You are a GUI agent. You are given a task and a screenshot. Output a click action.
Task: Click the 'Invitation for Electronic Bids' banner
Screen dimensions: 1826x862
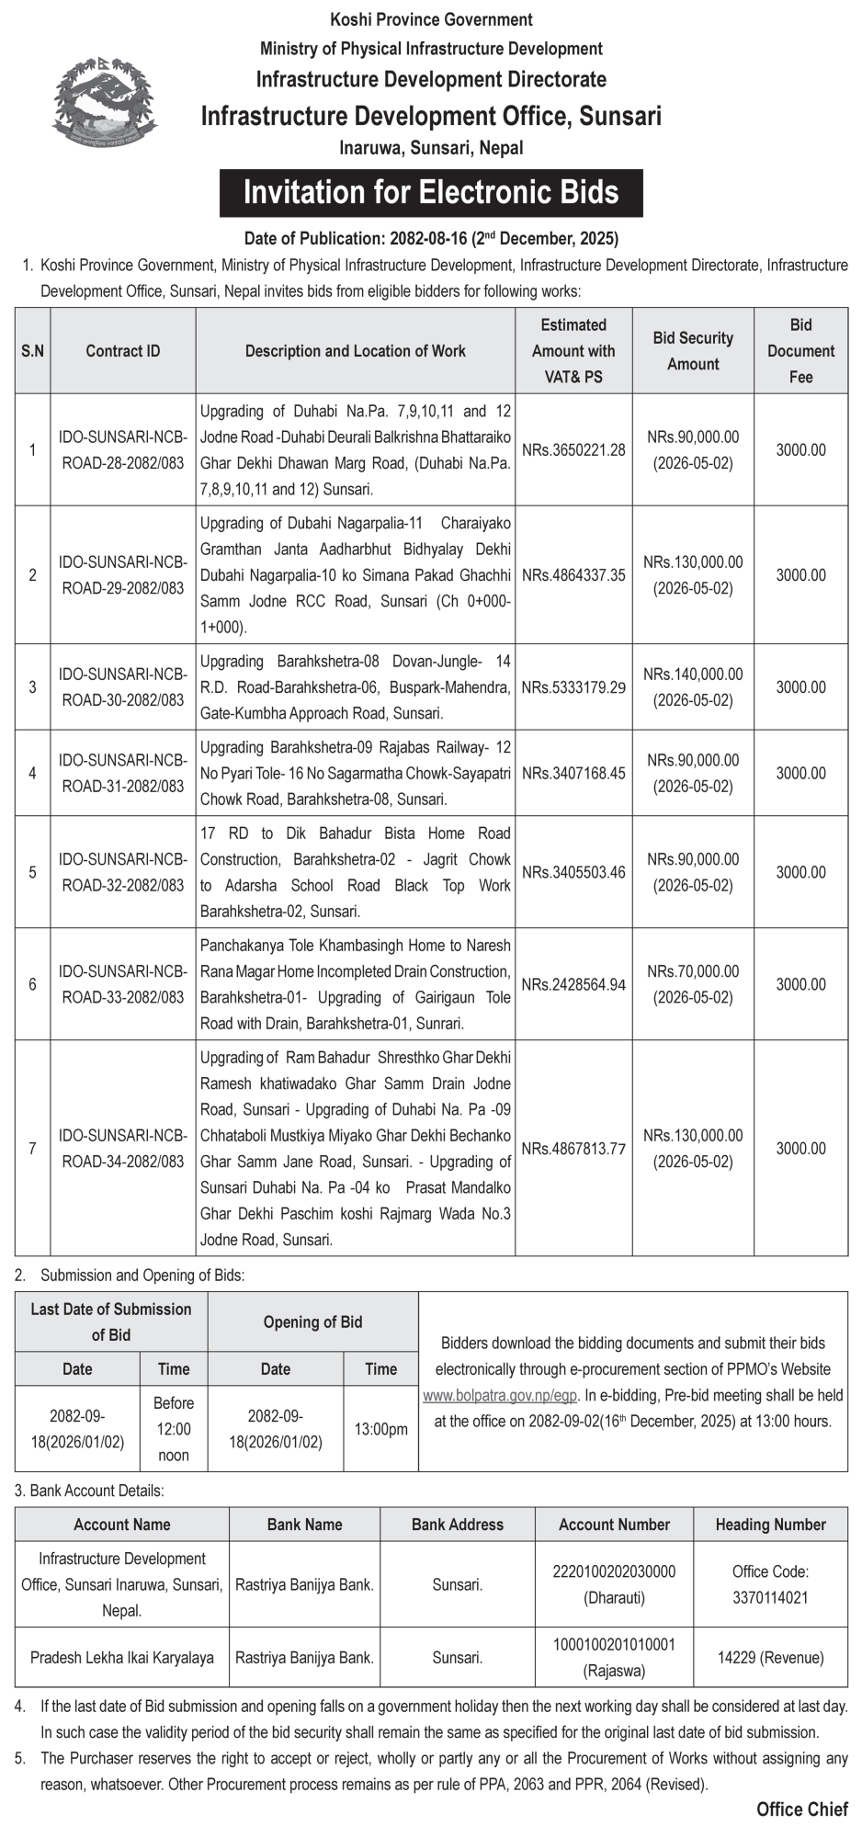(430, 193)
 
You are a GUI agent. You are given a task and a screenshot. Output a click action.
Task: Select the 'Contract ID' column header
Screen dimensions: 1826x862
(123, 351)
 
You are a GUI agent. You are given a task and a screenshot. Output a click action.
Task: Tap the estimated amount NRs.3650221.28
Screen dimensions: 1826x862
(573, 449)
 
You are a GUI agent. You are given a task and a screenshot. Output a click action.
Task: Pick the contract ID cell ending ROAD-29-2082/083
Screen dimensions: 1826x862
(123, 575)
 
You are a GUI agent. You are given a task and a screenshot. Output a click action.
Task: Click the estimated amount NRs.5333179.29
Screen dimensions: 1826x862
(573, 687)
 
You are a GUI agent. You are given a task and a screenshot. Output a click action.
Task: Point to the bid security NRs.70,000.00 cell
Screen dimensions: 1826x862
(693, 984)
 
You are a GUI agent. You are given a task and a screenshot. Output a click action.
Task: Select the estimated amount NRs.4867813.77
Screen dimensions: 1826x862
(573, 1149)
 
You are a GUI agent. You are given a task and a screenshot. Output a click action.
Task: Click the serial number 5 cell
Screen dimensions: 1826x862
(33, 872)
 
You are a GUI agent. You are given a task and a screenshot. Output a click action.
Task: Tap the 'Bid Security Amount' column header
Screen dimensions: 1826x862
(693, 351)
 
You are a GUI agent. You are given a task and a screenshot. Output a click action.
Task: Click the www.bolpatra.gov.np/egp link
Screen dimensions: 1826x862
(500, 1395)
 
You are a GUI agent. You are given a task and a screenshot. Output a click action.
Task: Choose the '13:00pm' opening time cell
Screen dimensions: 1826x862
(380, 1429)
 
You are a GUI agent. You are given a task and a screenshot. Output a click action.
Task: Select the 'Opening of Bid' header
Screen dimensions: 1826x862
(312, 1322)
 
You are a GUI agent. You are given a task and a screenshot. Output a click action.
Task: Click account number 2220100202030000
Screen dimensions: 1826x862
(614, 1571)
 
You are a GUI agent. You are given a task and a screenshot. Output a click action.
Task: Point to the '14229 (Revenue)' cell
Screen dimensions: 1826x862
(770, 1658)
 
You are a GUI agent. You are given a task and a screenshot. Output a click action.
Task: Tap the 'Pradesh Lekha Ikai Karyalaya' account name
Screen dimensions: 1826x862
(122, 1658)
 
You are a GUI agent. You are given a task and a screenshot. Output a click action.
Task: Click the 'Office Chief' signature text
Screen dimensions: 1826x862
(801, 1809)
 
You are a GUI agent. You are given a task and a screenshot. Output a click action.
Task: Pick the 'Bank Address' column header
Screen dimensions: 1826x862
(458, 1525)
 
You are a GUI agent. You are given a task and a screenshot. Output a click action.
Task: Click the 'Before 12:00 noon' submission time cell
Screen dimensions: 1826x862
(174, 1429)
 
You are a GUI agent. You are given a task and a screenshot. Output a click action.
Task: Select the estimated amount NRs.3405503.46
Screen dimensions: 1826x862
(573, 872)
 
